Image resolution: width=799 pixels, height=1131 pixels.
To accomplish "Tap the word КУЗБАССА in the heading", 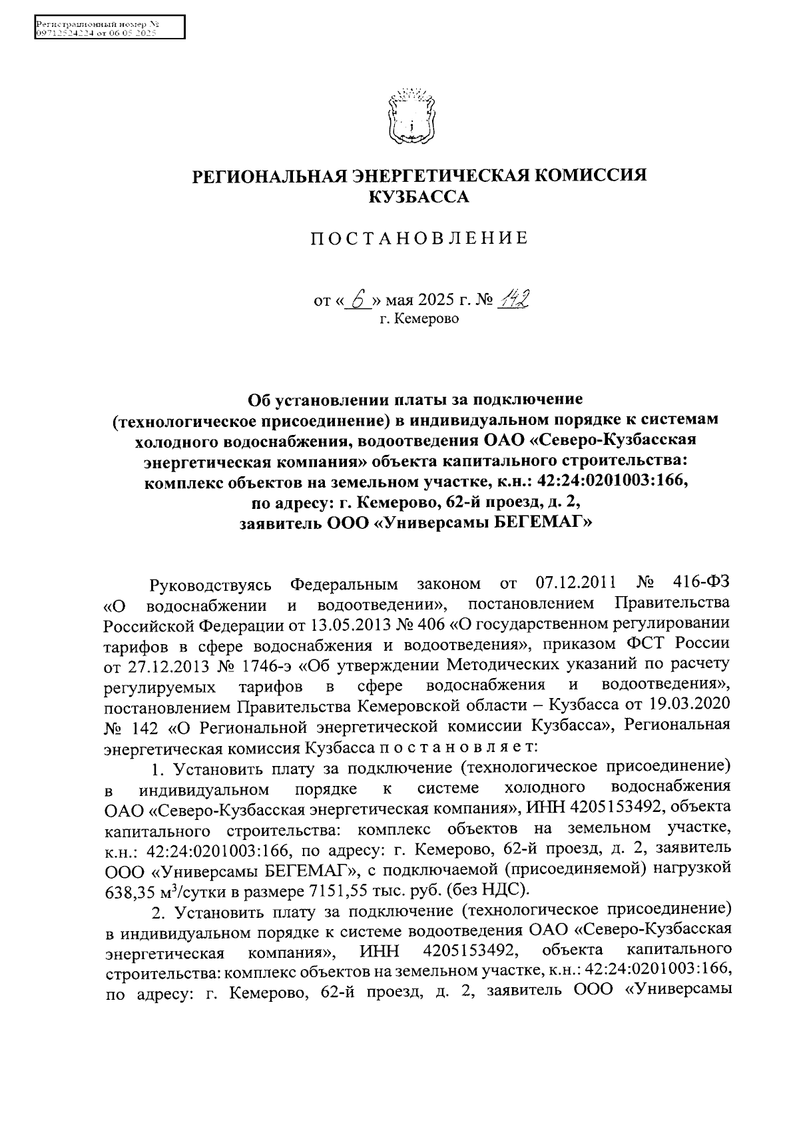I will (419, 196).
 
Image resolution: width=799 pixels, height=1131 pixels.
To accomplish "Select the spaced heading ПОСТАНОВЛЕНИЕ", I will (419, 238).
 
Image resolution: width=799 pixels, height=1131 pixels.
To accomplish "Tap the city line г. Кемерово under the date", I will (419, 319).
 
